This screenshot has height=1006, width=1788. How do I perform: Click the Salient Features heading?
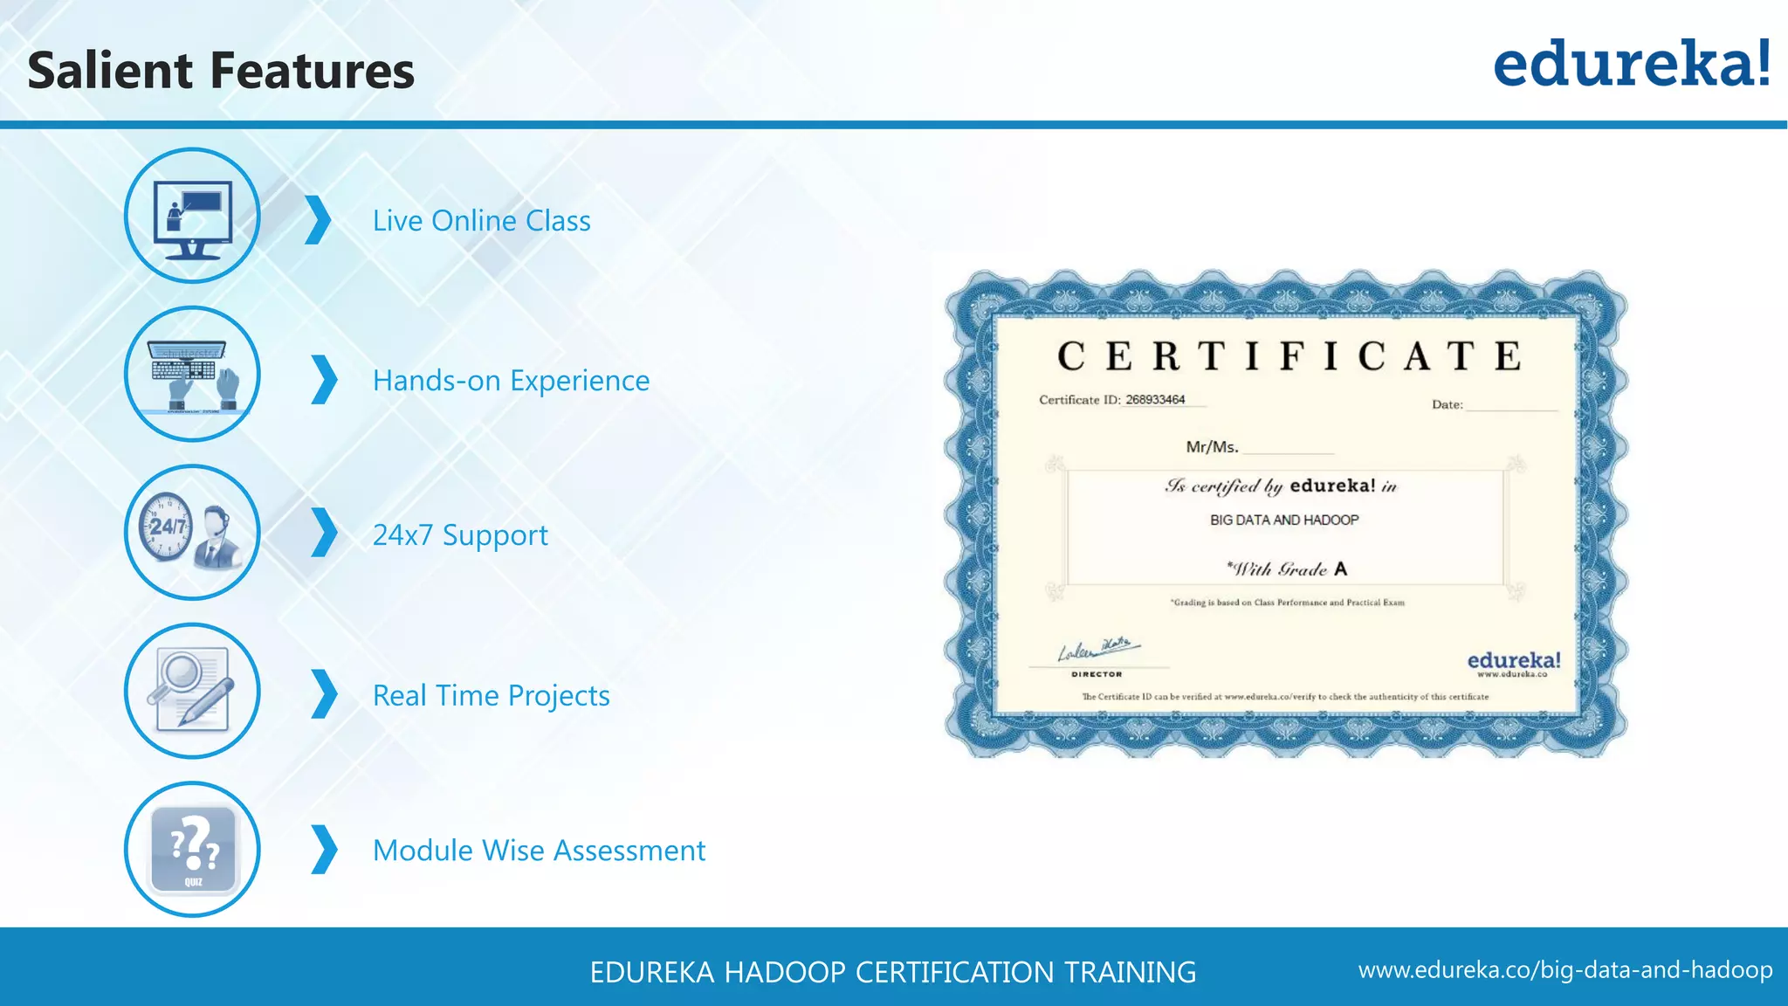click(221, 71)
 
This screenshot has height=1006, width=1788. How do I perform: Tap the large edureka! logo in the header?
click(1632, 64)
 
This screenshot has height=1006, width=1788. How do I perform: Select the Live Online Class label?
click(481, 221)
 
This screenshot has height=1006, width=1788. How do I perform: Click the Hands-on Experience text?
click(511, 381)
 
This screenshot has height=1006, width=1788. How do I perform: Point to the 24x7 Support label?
click(460, 534)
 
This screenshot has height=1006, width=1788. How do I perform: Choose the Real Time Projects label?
click(491, 695)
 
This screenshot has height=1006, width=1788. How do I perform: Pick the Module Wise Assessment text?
click(539, 851)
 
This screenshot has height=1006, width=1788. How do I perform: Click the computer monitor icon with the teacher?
click(192, 217)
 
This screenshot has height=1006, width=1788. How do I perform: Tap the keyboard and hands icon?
click(192, 375)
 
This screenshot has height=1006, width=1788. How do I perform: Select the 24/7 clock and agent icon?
click(192, 533)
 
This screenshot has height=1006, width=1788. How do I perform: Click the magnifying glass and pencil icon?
click(192, 691)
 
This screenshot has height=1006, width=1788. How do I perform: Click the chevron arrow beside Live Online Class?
click(319, 220)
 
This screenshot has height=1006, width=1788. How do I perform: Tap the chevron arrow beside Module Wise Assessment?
click(324, 850)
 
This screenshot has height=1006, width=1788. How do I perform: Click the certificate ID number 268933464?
click(1155, 400)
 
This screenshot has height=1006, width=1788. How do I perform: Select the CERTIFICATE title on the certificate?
click(1289, 356)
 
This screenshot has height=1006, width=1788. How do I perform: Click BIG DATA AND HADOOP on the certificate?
click(1284, 520)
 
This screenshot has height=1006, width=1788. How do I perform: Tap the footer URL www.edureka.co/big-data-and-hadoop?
click(1564, 970)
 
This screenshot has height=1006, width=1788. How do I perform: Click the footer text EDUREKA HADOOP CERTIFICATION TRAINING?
click(892, 972)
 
